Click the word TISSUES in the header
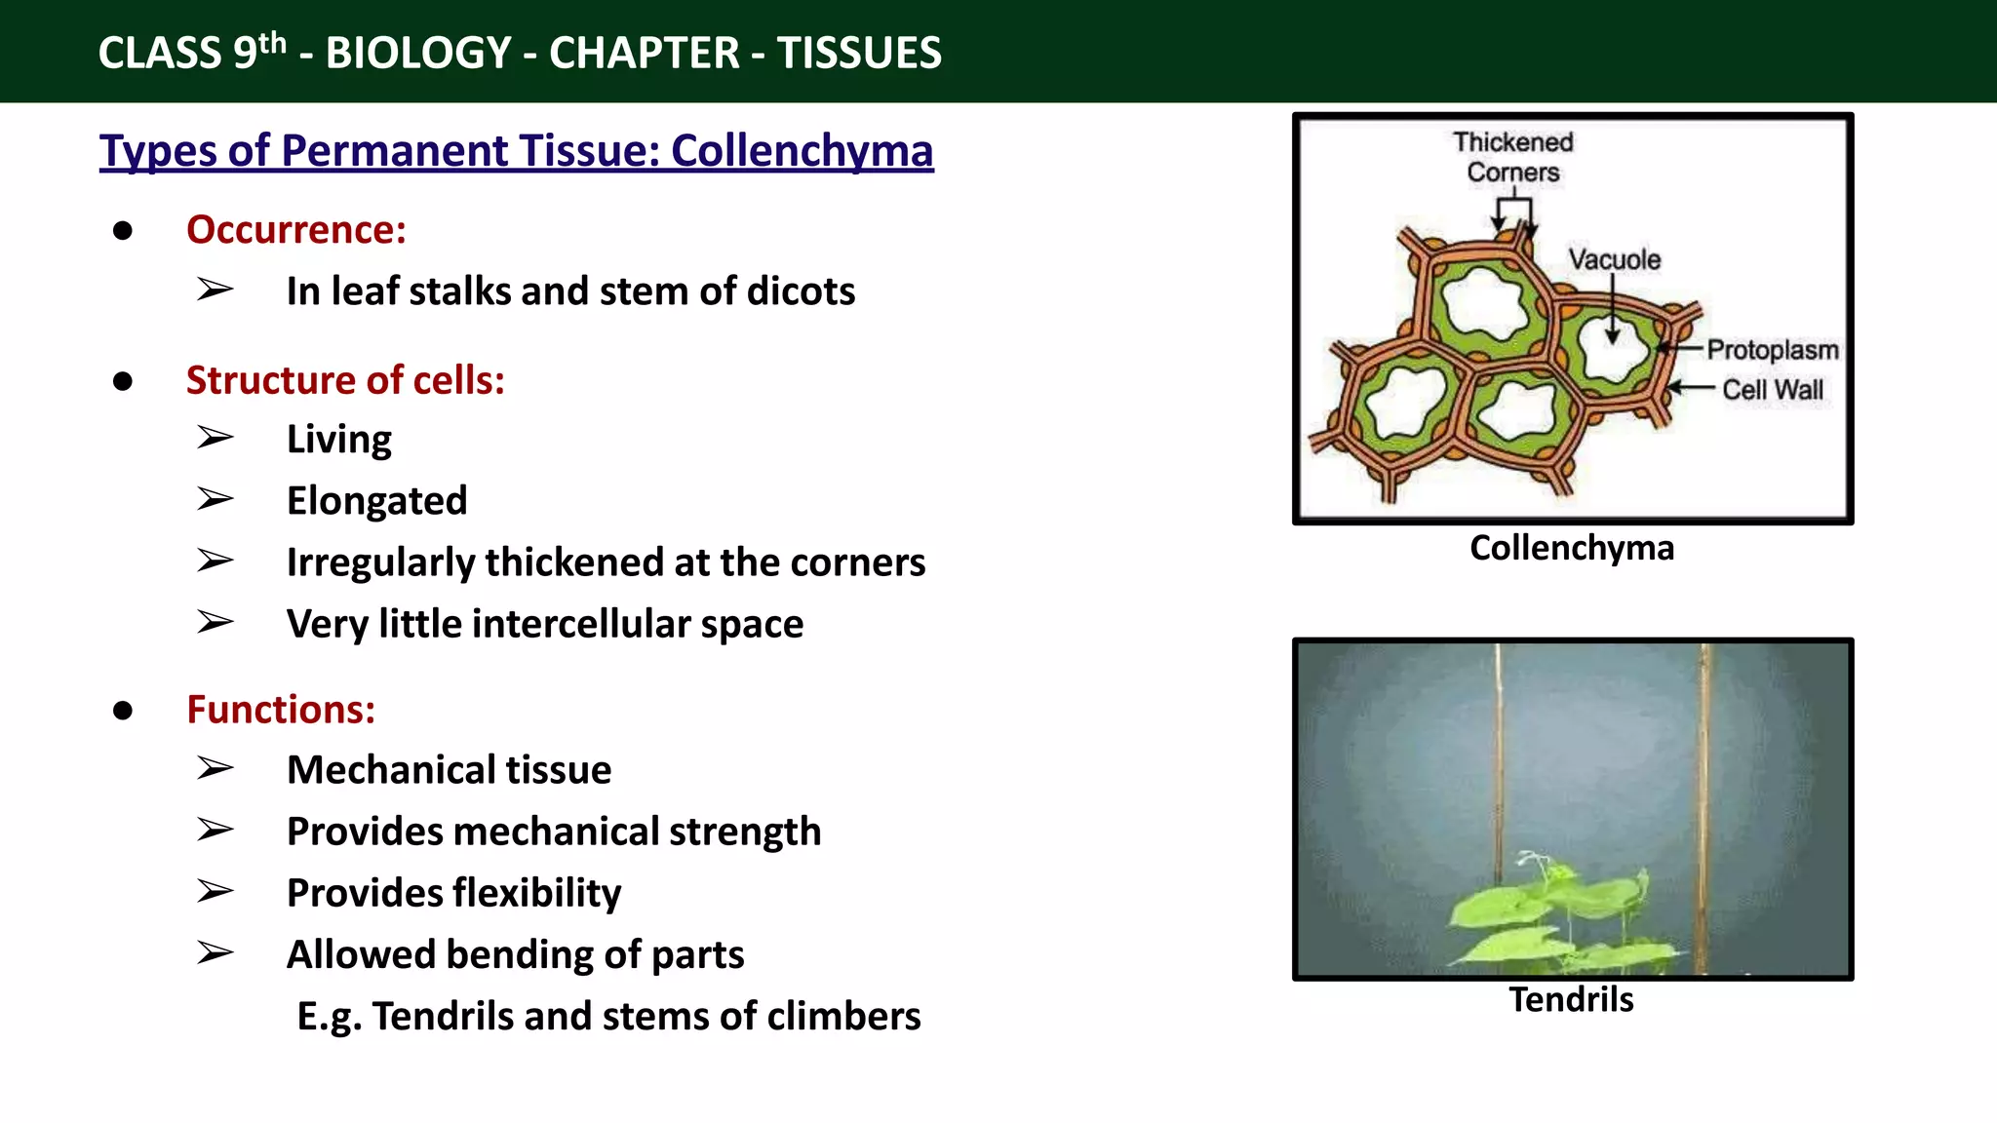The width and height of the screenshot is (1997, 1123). [859, 53]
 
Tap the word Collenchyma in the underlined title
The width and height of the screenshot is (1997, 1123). [802, 151]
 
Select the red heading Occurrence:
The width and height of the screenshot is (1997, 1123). [295, 230]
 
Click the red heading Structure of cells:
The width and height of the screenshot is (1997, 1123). [345, 380]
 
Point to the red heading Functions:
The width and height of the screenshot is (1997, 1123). [281, 710]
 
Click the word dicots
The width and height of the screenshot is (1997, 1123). [800, 291]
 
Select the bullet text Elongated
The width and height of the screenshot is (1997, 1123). [376, 501]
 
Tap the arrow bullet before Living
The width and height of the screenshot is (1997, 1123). [215, 438]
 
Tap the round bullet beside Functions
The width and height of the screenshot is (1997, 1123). [123, 711]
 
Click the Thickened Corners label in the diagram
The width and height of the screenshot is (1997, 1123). [1512, 157]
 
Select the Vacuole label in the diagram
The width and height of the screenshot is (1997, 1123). [1614, 260]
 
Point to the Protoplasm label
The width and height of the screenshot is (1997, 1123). [1772, 350]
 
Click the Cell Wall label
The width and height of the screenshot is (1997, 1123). [1772, 390]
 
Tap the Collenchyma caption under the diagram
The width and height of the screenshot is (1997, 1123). [1571, 548]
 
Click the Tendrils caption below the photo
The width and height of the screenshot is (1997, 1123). [1571, 1000]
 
